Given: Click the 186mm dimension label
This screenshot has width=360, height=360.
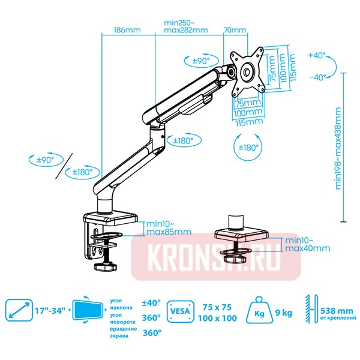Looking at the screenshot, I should coord(127,29).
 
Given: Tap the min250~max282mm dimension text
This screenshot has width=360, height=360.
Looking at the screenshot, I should coord(186,26).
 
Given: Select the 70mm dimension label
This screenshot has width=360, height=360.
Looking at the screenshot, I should coord(235,30).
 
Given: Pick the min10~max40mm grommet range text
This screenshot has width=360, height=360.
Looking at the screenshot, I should coord(307,244).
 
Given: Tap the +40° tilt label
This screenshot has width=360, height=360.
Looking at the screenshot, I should coord(317,55).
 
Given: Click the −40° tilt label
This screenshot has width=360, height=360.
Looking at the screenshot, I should coord(317,77).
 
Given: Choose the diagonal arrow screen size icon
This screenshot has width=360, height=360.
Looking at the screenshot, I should coord(19,310).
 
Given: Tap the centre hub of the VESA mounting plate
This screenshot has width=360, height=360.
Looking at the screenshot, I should coord(247,71).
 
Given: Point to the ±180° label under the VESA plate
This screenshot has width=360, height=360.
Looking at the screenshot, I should coord(248,147).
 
